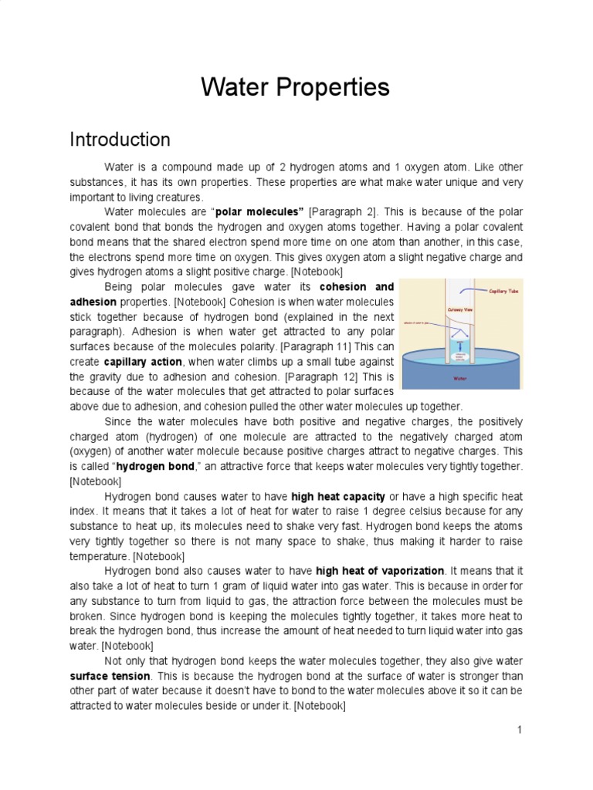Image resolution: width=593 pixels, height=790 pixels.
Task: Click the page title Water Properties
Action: coord(296,88)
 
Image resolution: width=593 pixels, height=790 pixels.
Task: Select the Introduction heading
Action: coord(120,140)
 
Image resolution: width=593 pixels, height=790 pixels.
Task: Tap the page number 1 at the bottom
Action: coord(520,729)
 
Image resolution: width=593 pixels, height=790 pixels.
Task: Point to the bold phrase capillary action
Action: coord(144,362)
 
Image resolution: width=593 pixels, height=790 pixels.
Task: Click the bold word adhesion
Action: coord(93,302)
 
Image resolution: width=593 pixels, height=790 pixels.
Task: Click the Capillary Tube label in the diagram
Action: coord(503,292)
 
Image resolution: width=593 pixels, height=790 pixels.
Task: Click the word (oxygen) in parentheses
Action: coord(93,451)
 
